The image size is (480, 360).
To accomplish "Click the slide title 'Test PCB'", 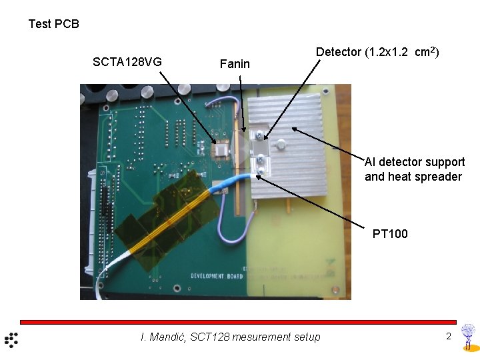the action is click(53, 24).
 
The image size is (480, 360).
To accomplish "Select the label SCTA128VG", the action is click(127, 63).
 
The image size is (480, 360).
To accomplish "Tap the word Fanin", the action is click(235, 64).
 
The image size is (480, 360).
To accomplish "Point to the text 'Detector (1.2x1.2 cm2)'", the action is click(377, 52).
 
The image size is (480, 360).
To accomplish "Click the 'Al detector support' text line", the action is click(415, 162).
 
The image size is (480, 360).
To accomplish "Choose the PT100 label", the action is click(390, 233).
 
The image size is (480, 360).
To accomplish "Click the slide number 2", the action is click(449, 337).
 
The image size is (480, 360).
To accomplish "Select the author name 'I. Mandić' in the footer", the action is click(163, 337).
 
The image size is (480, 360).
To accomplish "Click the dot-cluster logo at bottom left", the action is click(11, 339).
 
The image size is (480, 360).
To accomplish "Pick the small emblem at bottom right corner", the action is click(469, 337).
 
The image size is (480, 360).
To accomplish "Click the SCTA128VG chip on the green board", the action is click(219, 152).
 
